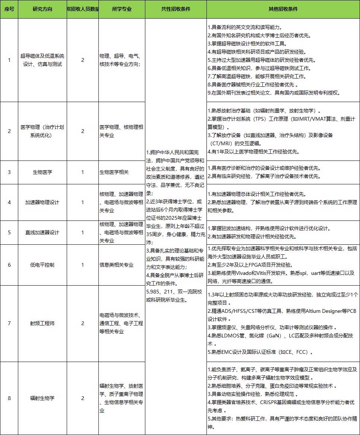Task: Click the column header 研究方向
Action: [x=42, y=9]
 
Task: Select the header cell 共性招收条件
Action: [x=176, y=9]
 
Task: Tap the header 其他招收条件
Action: [x=283, y=9]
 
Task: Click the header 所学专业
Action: [x=121, y=9]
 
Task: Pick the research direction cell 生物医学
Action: [x=42, y=172]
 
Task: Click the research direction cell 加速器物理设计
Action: [x=42, y=202]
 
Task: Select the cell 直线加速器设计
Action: [x=42, y=232]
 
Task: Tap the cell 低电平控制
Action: [x=42, y=265]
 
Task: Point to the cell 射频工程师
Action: [x=42, y=323]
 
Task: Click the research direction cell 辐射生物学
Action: [x=42, y=398]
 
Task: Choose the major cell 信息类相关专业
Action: [x=116, y=265]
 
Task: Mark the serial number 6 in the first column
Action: [x=9, y=265]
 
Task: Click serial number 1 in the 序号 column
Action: [x=9, y=60]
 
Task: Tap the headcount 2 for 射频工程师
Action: [x=83, y=323]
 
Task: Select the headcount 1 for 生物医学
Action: [x=83, y=172]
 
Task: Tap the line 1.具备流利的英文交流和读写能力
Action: [x=244, y=28]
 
